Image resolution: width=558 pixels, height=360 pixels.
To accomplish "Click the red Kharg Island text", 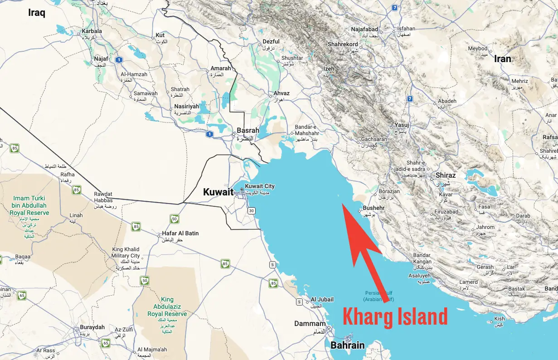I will coord(395,316).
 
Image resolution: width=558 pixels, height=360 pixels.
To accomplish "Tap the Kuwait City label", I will coord(260,186).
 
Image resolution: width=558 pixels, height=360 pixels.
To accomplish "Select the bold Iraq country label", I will coord(37,12).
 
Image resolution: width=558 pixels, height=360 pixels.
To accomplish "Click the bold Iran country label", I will coord(502,59).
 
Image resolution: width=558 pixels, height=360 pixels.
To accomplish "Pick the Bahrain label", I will coord(347,345).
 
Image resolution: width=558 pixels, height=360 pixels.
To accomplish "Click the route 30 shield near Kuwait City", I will coord(251,210).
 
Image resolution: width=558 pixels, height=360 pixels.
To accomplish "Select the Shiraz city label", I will coord(445,175).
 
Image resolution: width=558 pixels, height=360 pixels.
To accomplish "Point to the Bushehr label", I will coord(374,208).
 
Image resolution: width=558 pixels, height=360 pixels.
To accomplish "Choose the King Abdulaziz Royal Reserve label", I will coord(167,307).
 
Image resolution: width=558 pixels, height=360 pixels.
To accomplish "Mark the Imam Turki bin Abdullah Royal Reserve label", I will coord(30,205).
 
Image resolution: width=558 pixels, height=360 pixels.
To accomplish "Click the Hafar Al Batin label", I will coord(180,234).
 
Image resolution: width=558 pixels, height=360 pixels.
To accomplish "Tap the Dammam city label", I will coord(310,324).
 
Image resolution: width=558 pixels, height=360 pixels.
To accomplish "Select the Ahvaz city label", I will coord(281,93).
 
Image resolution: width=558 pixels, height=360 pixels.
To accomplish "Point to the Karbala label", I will coord(92,31).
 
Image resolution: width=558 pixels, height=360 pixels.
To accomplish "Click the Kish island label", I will coord(499,319).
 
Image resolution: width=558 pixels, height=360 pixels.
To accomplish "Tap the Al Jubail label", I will coord(322,299).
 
